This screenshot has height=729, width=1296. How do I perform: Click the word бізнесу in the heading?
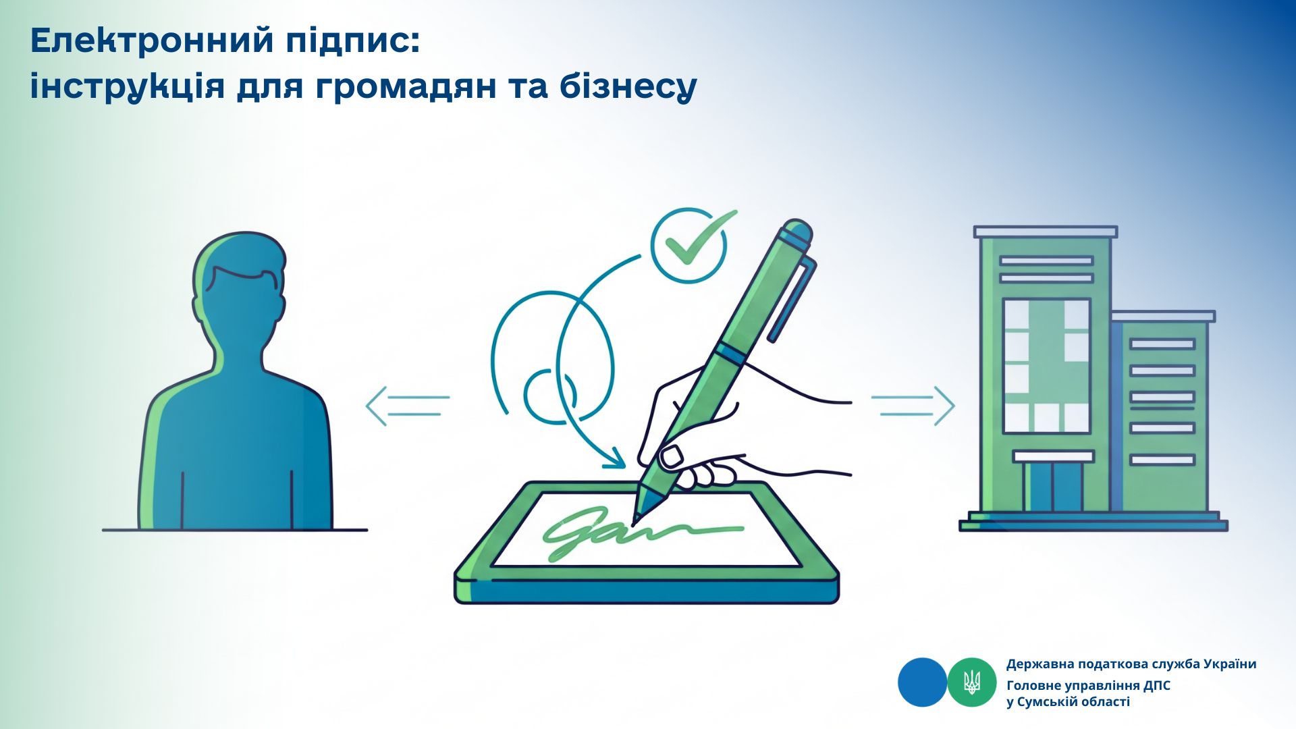[x=628, y=86]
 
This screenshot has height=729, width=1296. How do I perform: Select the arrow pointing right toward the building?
[x=913, y=405]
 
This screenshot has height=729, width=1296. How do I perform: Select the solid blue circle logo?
[x=922, y=682]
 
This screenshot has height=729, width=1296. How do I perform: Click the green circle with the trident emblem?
[x=972, y=682]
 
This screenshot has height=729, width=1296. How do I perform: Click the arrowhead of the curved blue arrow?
[x=616, y=459]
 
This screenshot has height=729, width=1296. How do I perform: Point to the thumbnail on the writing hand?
[x=672, y=457]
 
